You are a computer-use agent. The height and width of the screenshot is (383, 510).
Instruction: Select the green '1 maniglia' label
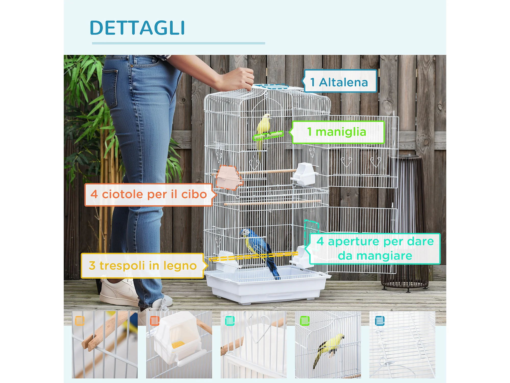(x=337, y=132)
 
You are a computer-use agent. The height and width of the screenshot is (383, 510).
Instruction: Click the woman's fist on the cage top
(x=238, y=79)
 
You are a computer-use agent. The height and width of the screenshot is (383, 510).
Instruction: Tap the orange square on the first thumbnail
(x=80, y=321)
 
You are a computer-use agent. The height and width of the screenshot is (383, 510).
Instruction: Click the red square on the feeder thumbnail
(x=155, y=321)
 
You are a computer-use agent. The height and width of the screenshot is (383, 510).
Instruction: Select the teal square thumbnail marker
(x=230, y=321)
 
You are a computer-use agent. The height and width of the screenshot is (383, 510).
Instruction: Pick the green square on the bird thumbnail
(x=305, y=321)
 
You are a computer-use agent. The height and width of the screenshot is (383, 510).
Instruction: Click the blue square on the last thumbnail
(x=380, y=321)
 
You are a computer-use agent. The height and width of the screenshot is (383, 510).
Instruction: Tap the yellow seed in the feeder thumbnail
(x=178, y=344)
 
